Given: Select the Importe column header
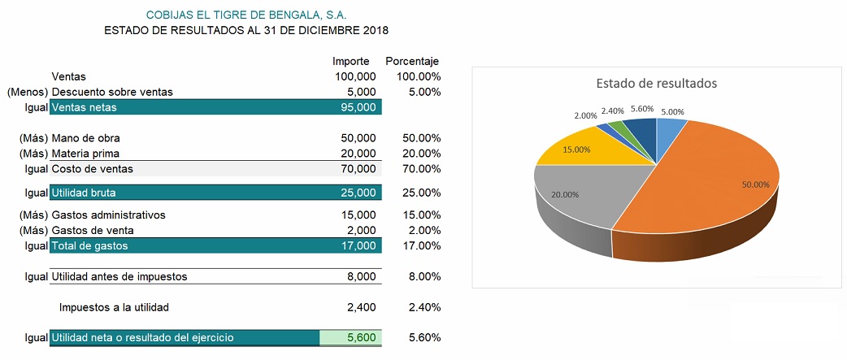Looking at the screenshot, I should (350, 61).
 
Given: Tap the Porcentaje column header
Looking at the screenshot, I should (412, 61).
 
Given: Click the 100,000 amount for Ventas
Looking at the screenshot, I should (354, 76).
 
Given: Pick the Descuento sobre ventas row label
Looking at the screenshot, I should (112, 92).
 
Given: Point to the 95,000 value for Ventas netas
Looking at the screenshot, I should (358, 107).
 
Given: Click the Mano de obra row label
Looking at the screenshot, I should (85, 138).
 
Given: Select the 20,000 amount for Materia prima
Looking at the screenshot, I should (358, 154).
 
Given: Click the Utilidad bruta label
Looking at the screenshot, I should (84, 193).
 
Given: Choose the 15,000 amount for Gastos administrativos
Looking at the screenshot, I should (358, 215).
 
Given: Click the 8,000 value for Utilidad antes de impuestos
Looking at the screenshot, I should (362, 276).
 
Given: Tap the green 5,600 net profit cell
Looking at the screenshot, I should (350, 338).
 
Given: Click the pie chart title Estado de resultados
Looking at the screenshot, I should (656, 83).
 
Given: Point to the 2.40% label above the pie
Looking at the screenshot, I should (613, 111).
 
